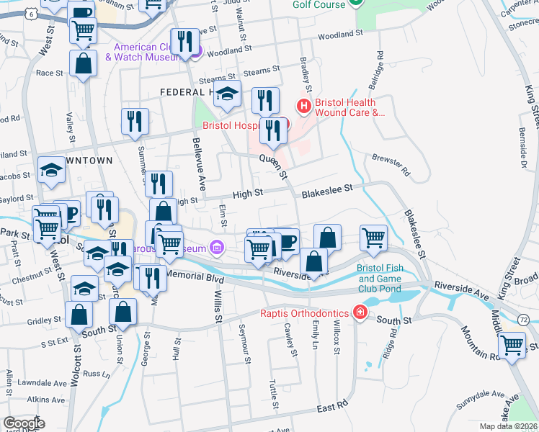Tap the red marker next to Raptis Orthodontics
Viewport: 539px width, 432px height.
(359, 312)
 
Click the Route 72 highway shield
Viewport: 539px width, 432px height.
(524, 319)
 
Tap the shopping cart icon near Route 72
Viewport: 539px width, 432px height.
(512, 345)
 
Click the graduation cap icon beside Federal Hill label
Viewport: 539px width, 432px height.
(228, 94)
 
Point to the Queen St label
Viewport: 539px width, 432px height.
(273, 166)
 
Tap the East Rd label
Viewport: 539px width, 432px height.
(332, 408)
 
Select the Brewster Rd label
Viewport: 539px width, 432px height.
(391, 165)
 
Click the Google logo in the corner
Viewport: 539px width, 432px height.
(24, 423)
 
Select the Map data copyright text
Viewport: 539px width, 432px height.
(508, 426)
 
